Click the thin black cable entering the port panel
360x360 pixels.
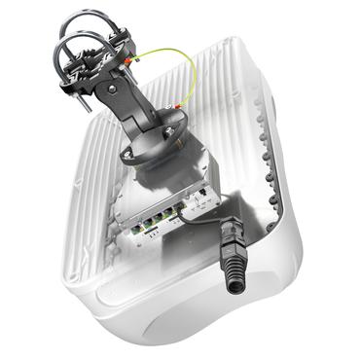[209, 220]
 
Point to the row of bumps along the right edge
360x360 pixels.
[268, 146]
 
